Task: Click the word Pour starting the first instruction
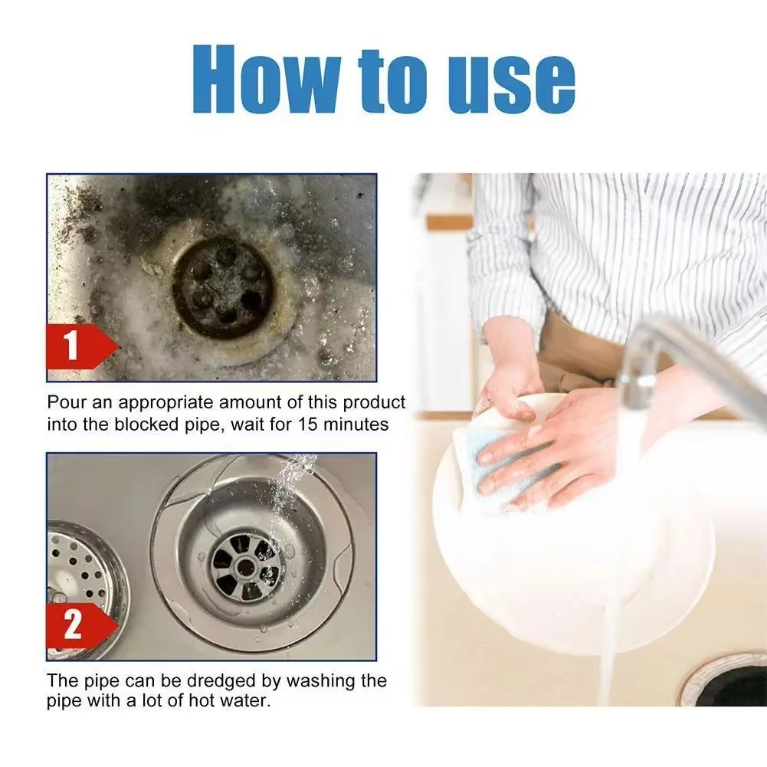pyautogui.click(x=64, y=403)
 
